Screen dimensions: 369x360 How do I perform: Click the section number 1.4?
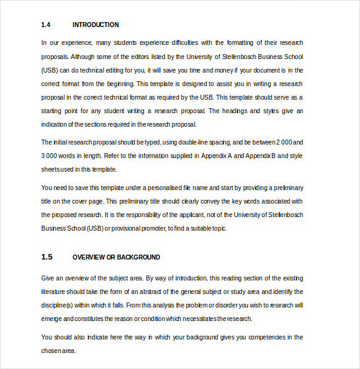point(45,25)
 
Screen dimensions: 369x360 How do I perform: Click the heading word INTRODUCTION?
point(95,25)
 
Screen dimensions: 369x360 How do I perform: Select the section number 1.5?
point(47,257)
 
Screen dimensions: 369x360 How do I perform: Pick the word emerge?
point(52,319)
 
